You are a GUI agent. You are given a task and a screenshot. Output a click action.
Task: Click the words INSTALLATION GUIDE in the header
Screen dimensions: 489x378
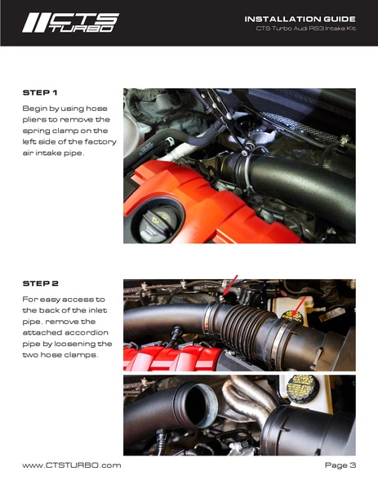(x=300, y=19)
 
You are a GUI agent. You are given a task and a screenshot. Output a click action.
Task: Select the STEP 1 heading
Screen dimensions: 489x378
(x=39, y=93)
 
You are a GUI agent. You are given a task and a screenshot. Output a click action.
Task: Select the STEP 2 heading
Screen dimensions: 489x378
(x=40, y=284)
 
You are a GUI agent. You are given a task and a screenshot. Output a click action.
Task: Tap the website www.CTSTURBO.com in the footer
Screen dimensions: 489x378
(x=72, y=465)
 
